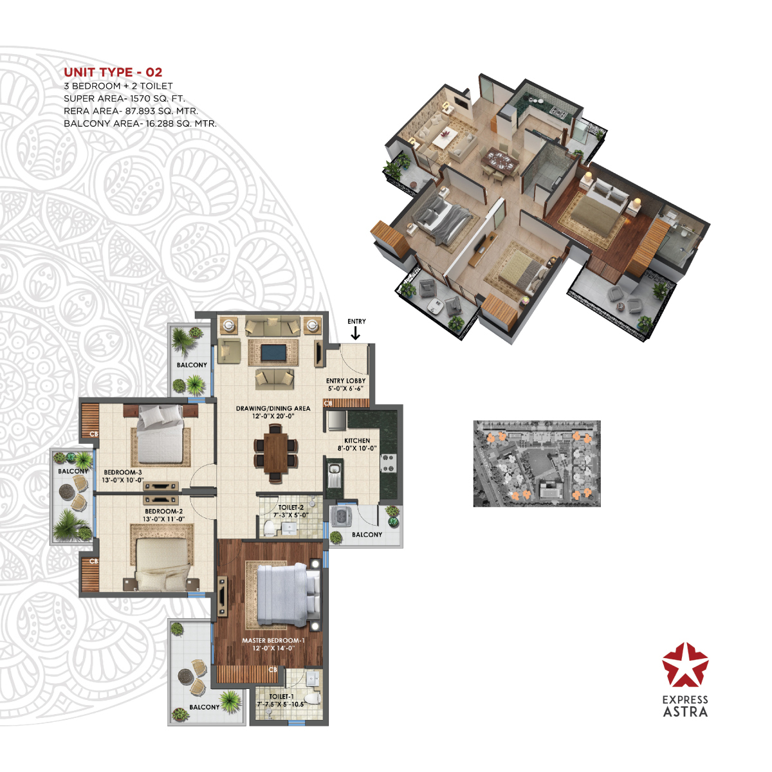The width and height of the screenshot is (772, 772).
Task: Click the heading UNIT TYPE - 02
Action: pos(113,73)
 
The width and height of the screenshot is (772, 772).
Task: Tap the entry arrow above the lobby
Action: pos(354,333)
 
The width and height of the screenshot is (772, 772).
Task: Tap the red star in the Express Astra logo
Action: pos(685,664)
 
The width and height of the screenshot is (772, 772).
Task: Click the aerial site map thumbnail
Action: pos(537,463)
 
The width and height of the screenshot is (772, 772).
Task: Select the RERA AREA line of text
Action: pos(131,111)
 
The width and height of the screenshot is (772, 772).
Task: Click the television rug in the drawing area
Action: pos(275,353)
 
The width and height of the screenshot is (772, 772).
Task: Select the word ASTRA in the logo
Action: pos(685,712)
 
